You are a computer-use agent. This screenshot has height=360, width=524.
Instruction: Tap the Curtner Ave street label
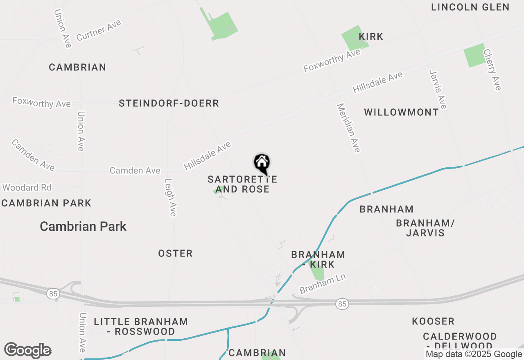tap(99, 30)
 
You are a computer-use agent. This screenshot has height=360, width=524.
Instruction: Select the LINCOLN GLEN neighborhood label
tap(470, 7)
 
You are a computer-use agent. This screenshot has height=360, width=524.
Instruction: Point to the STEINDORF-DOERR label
tap(169, 103)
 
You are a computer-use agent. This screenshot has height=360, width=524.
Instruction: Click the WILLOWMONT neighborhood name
tap(401, 112)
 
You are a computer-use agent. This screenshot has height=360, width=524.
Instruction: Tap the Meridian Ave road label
tap(348, 128)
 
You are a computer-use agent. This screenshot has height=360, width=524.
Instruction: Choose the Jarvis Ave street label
tap(438, 89)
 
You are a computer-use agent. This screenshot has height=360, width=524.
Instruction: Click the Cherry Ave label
tap(492, 70)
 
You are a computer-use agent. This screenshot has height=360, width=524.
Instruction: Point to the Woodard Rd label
tap(27, 188)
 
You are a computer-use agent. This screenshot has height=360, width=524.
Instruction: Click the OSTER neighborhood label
tap(175, 254)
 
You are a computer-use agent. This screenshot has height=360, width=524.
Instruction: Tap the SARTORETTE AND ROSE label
tap(242, 184)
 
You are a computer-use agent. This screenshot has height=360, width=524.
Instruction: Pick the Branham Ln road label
tap(323, 284)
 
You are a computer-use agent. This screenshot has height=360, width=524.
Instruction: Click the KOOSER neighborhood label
tap(433, 321)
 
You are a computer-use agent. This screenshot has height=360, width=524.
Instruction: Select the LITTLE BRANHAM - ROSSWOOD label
tap(141, 326)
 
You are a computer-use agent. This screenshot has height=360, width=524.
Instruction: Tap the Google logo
tap(27, 351)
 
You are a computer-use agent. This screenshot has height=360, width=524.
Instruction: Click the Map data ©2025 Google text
tap(474, 354)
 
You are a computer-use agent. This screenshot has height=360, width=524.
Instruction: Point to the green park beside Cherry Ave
tap(474, 55)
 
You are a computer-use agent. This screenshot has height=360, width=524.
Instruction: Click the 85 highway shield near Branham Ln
tap(342, 304)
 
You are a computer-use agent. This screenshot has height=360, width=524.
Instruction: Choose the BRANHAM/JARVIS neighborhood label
tap(425, 228)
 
